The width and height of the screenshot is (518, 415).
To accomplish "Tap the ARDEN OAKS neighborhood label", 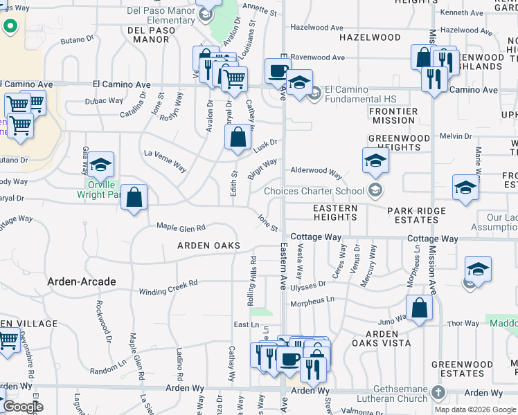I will point(208,246).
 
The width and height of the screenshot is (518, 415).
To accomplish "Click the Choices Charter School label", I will point(314,191).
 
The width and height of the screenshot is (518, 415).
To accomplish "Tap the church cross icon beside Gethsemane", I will point(437,393).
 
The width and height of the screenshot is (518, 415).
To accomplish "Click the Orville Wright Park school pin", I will point(101,165).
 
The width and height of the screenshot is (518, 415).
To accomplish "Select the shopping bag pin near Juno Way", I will point(419,308).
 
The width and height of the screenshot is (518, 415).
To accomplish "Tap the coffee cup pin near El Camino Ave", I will point(278,71).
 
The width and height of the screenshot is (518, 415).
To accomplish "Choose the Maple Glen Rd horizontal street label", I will point(181,227).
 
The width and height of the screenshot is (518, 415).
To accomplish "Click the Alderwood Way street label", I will point(316,172).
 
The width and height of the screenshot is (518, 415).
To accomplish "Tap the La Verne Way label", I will point(165,160).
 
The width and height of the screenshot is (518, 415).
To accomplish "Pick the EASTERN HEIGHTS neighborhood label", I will point(335,212).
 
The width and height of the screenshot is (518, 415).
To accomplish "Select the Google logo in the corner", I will point(24,407).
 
